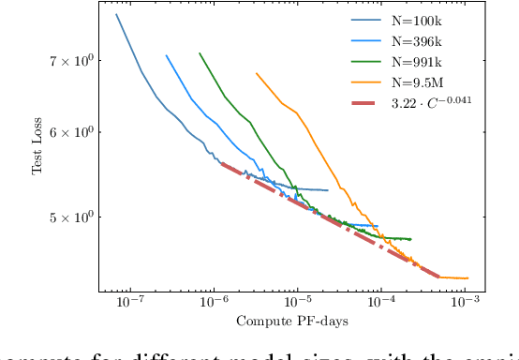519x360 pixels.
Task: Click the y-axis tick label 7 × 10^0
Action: (x=71, y=61)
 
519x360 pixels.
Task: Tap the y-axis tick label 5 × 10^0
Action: (x=71, y=217)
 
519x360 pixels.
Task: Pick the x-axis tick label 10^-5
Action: (x=297, y=305)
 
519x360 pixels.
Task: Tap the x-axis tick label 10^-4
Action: (x=381, y=305)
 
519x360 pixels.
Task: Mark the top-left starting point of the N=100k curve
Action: (x=116, y=14)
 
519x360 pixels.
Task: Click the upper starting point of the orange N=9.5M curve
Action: (x=256, y=73)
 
